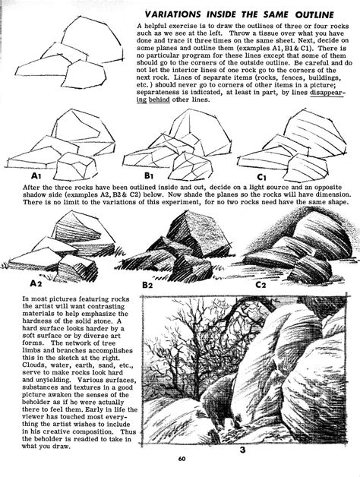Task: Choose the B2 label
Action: click(152, 284)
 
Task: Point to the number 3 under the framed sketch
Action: click(242, 450)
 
